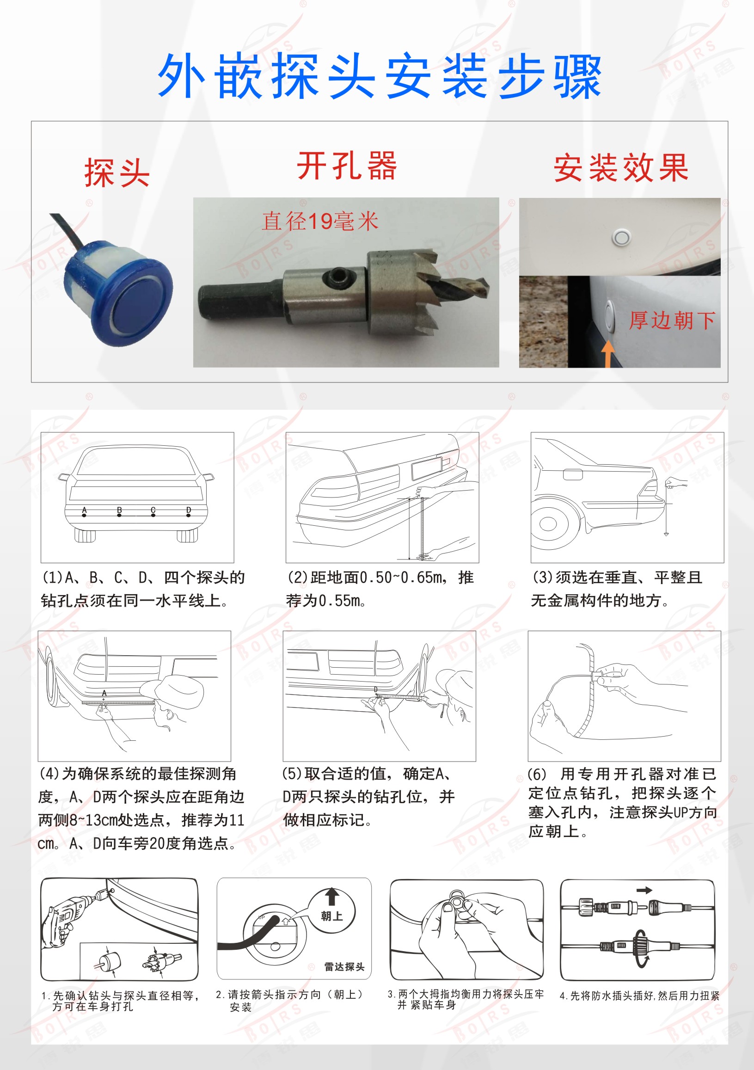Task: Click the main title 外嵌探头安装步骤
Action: [x=380, y=75]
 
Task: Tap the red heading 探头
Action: [x=117, y=172]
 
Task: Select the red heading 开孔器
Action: [x=347, y=166]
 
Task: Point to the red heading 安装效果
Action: [x=621, y=168]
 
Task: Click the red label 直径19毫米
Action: [x=320, y=221]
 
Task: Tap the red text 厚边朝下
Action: [x=672, y=320]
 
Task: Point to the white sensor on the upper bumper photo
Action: [x=620, y=238]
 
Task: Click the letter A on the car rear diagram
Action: [x=84, y=510]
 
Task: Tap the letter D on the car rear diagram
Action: [x=188, y=510]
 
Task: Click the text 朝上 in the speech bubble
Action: [x=332, y=916]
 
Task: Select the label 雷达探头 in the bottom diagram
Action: [x=344, y=966]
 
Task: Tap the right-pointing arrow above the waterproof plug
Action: [x=644, y=890]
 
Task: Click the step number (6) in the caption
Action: [x=536, y=775]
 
